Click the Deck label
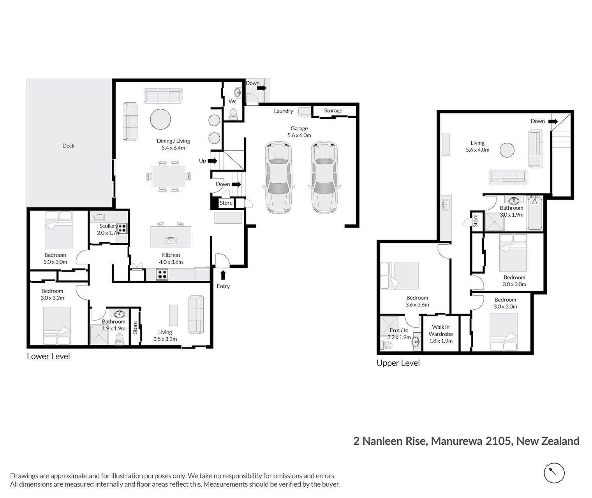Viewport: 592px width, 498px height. coord(68,146)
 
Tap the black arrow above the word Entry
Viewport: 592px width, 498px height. coord(223,275)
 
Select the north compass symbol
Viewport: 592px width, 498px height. coord(554,473)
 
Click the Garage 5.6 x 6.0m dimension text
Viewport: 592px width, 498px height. coord(300,135)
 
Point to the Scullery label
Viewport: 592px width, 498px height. coord(108,226)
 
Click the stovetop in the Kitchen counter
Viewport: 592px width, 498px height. coord(162,275)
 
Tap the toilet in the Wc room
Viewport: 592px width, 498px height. coord(233,114)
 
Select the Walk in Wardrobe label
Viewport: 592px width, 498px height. coord(440,331)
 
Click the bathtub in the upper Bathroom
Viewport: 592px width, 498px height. coord(535,214)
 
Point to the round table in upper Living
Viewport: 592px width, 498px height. coord(507,150)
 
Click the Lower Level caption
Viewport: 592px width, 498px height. coord(48,356)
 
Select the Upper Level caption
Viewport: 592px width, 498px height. coord(398,363)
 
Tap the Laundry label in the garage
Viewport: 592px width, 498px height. coord(284,111)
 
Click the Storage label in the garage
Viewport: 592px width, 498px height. coord(333,110)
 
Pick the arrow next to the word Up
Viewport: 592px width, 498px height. coord(212,161)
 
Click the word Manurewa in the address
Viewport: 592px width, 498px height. coord(456,441)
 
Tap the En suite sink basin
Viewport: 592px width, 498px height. coord(416,342)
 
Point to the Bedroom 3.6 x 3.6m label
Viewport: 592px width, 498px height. coord(417,301)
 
